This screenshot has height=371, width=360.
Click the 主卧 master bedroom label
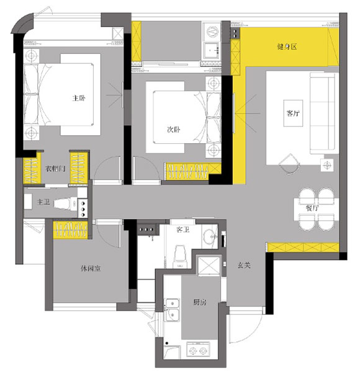[x=79, y=98]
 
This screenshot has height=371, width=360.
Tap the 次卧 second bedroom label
[x=174, y=130]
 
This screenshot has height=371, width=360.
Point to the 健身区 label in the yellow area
[x=287, y=47]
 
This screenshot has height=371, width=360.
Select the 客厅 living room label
[x=293, y=113]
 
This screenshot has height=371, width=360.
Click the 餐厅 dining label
[x=312, y=208]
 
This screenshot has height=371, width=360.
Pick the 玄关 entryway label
[x=244, y=266]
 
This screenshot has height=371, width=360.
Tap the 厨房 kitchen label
[x=200, y=302]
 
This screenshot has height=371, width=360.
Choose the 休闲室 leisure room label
[x=91, y=269]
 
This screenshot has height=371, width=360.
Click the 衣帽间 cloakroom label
[x=55, y=169]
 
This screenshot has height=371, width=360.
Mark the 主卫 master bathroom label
[x=43, y=202]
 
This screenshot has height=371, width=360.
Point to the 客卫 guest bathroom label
[x=183, y=230]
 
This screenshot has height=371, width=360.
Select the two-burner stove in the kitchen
[x=198, y=350]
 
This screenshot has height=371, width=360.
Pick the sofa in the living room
[x=322, y=113]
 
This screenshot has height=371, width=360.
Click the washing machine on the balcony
[x=212, y=32]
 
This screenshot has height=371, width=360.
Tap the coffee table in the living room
[x=293, y=114]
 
